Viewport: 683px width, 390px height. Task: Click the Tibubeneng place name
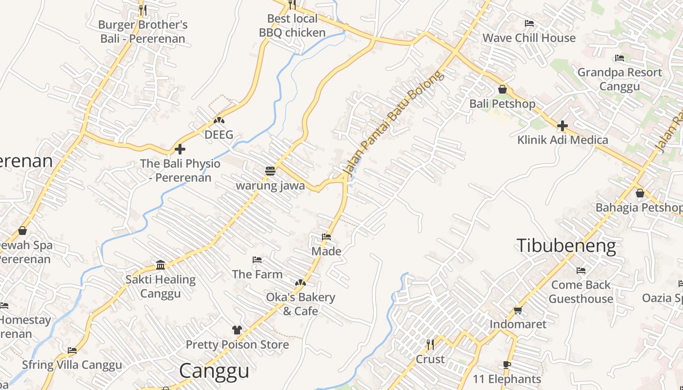(x=566, y=246)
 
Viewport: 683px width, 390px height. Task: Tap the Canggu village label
(x=214, y=371)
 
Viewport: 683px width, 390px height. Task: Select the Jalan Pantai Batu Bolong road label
(x=394, y=123)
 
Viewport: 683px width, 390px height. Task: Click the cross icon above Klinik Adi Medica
(x=562, y=126)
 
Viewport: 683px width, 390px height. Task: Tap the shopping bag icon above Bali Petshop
(x=502, y=89)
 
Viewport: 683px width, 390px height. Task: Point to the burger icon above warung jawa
(x=270, y=171)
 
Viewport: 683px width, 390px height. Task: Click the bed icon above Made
(x=326, y=237)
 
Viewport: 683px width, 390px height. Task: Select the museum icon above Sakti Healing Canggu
(x=161, y=265)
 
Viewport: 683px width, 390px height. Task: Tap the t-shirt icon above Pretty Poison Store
(x=237, y=330)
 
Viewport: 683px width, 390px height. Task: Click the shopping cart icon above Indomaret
(x=518, y=310)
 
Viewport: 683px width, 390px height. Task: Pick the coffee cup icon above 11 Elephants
(x=506, y=365)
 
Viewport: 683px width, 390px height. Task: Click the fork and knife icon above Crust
(x=430, y=345)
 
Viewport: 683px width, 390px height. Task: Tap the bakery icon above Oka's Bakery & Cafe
(x=301, y=283)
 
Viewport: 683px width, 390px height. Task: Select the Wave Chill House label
(x=529, y=38)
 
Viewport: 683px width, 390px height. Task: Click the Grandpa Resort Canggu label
(x=620, y=79)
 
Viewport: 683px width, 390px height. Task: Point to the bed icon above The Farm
(x=257, y=260)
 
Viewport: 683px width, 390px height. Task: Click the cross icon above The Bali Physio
(x=180, y=149)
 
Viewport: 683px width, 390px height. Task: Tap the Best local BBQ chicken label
(x=292, y=26)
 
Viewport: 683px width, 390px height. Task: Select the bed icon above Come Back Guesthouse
(x=581, y=271)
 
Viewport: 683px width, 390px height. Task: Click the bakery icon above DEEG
(x=219, y=120)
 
